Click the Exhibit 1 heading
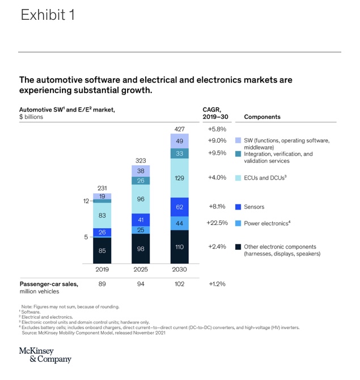point(48,15)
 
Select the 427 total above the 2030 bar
point(179,129)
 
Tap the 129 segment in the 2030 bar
point(179,178)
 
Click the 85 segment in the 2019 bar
point(102,250)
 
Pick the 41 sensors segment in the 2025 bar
point(141,220)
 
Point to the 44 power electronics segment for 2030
point(179,223)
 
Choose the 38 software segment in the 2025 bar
point(141,170)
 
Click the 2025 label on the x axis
point(141,270)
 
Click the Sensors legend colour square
point(238,207)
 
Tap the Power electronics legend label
point(267,223)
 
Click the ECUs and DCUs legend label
point(265,177)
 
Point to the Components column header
point(262,117)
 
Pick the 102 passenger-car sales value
point(179,284)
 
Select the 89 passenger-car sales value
point(102,284)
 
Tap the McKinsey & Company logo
point(45,355)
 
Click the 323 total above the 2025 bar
point(141,161)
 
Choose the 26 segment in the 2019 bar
point(102,232)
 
